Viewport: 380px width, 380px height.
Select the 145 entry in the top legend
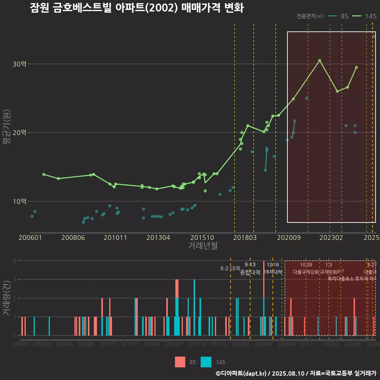click(370, 16)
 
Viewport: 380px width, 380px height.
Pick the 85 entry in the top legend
click(344, 16)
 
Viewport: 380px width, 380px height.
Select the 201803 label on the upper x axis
click(244, 237)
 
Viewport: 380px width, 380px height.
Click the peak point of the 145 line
click(319, 61)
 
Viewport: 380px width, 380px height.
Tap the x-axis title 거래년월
click(203, 246)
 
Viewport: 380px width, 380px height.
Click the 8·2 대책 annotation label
click(230, 268)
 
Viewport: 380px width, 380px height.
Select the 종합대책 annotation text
click(250, 272)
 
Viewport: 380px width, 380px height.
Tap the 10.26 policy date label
click(306, 265)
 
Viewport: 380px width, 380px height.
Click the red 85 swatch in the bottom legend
click(180, 362)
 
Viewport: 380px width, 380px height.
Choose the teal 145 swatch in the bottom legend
click(206, 362)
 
